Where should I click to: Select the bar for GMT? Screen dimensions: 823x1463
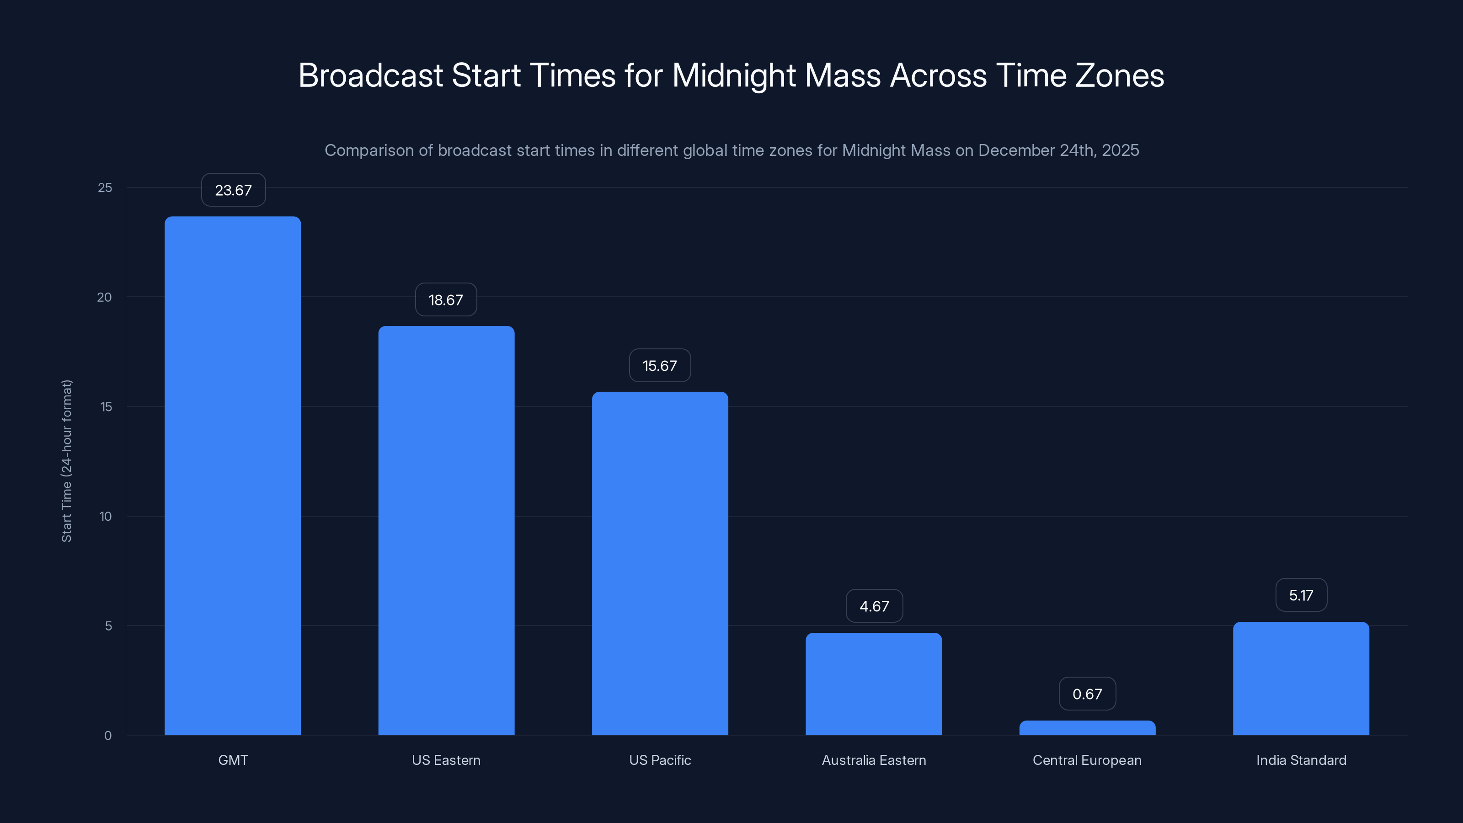pyautogui.click(x=233, y=476)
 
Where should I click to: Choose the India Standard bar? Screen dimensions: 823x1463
pyautogui.click(x=1301, y=678)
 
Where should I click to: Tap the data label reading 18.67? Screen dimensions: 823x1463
pyautogui.click(x=446, y=300)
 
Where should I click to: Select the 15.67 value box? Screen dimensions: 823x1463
pyautogui.click(x=660, y=366)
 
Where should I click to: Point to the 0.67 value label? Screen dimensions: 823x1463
pyautogui.click(x=1087, y=694)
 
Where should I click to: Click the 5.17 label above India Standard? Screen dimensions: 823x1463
pyautogui.click(x=1301, y=595)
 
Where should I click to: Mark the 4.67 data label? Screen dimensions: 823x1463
pyautogui.click(x=874, y=606)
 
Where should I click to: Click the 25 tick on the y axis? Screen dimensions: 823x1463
pyautogui.click(x=105, y=188)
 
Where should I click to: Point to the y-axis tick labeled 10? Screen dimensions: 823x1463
pyautogui.click(x=106, y=516)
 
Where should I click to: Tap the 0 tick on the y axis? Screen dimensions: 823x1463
pyautogui.click(x=108, y=736)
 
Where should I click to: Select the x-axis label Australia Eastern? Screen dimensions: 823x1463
pyautogui.click(x=874, y=760)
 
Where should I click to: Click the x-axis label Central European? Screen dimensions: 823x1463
pyautogui.click(x=1087, y=760)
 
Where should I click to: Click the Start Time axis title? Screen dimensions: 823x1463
pyautogui.click(x=66, y=460)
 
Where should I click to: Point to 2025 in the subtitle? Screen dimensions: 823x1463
pyautogui.click(x=1120, y=150)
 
